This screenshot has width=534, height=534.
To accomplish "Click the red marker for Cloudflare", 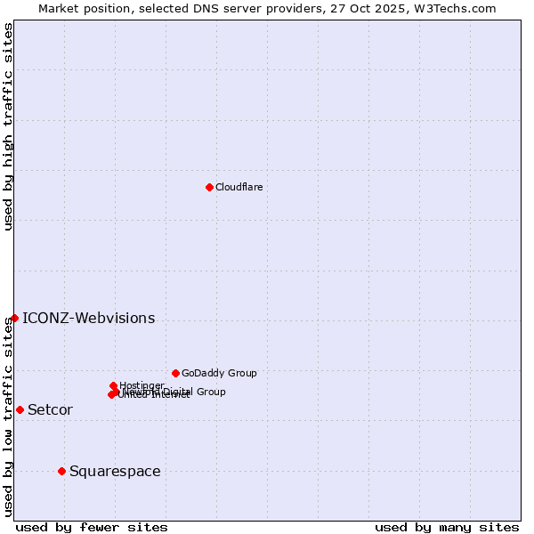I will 209,187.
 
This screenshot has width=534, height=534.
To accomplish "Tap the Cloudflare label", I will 239,187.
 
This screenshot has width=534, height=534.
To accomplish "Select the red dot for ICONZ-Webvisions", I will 14,318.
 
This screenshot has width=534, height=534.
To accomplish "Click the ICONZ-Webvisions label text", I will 88,319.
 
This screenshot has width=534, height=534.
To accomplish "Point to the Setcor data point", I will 20,409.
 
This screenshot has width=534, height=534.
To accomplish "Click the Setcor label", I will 50,410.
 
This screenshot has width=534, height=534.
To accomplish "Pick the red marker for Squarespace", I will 61,471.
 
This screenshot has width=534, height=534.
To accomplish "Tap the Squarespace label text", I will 115,472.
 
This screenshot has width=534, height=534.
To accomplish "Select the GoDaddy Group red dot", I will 175,373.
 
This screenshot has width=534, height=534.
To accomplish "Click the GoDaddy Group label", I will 219,373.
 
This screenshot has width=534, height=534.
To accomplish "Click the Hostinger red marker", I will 113,385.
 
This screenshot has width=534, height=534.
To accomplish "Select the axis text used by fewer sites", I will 92,527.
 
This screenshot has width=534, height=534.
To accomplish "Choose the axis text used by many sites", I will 447,527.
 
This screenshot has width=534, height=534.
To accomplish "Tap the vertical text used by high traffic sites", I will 8,126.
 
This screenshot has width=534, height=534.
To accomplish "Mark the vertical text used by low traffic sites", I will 8,417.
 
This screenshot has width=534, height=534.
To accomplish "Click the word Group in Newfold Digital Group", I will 211,392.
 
